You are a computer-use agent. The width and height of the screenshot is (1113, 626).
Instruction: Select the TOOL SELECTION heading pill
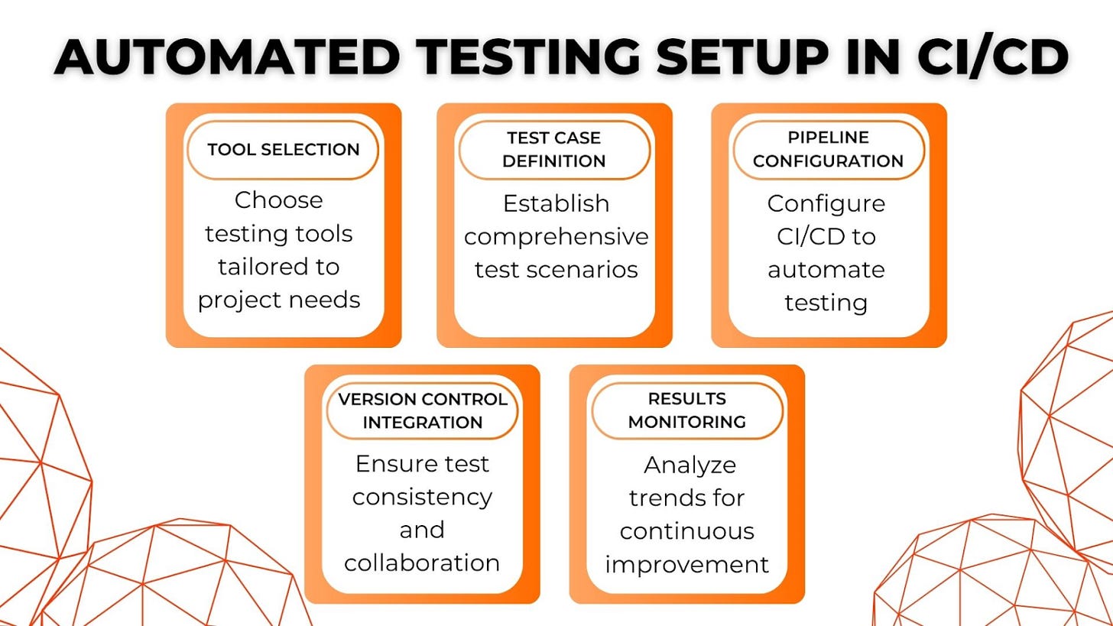(283, 150)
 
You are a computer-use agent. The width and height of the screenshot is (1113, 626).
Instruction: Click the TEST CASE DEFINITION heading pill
(554, 150)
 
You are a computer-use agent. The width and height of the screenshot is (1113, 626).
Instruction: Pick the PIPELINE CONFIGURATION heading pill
(828, 150)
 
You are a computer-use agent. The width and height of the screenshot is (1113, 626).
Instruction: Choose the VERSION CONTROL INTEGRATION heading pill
(422, 410)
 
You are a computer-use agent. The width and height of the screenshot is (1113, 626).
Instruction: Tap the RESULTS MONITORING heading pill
(686, 410)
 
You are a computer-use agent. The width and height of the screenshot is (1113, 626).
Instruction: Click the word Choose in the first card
(278, 200)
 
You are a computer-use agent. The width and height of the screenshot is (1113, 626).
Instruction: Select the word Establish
(556, 204)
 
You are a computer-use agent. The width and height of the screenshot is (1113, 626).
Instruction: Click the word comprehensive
(556, 237)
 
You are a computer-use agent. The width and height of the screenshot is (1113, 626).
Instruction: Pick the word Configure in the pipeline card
(826, 204)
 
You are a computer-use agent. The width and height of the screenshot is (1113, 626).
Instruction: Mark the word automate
(826, 270)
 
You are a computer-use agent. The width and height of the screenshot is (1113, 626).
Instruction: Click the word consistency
(422, 497)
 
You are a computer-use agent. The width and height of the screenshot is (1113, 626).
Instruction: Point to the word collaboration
(422, 563)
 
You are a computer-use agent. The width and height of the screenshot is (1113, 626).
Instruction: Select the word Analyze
(690, 465)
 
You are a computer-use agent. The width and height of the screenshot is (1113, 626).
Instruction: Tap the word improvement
(686, 565)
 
